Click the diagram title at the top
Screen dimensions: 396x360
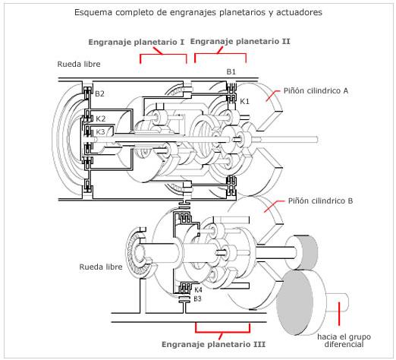click(198, 12)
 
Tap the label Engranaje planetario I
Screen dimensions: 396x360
click(137, 42)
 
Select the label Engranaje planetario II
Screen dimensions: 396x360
click(240, 42)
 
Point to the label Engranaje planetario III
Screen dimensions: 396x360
click(213, 344)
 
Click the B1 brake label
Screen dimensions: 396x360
click(231, 72)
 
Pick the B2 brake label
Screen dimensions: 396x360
click(99, 94)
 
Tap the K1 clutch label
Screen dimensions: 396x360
click(244, 102)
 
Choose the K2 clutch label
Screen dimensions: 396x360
click(100, 118)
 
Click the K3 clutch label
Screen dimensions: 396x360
click(100, 131)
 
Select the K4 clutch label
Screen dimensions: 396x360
click(198, 290)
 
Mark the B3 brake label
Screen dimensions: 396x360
click(197, 298)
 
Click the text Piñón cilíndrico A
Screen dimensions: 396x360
click(316, 90)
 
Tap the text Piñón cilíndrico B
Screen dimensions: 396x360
click(320, 201)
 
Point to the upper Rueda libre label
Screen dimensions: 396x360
click(79, 64)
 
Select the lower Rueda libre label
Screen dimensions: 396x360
click(101, 267)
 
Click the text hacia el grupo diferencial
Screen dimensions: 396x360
click(344, 340)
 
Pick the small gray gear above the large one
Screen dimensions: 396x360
click(302, 252)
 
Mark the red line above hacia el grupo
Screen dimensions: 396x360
click(339, 314)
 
